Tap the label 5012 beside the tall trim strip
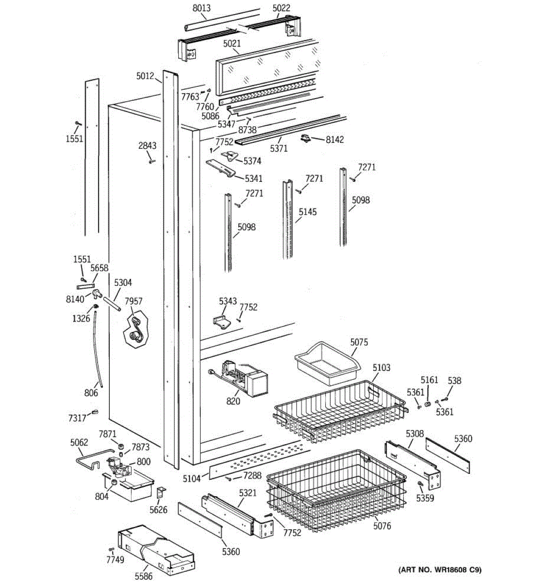coord(145,76)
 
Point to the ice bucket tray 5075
coord(326,365)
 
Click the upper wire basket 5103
coord(341,409)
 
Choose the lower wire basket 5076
coord(336,492)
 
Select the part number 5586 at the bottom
coord(144,576)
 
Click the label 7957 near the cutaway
coord(133,301)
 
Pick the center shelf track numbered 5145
coord(288,219)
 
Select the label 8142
coord(335,139)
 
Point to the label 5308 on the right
coord(415,433)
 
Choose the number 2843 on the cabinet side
coord(147,146)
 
